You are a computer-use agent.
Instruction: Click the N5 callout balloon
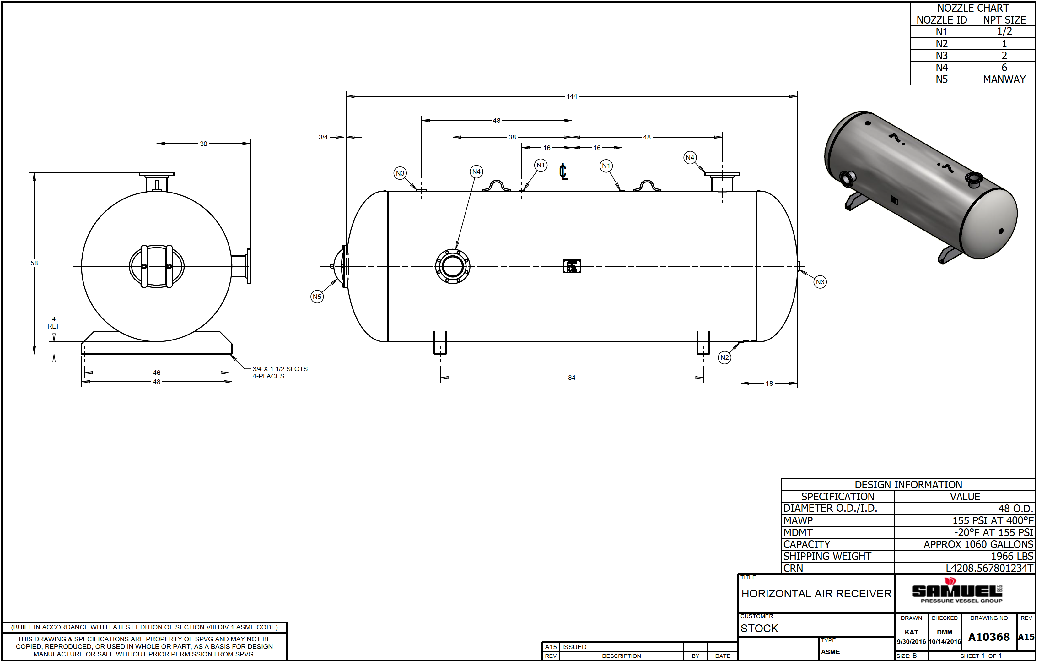pyautogui.click(x=317, y=297)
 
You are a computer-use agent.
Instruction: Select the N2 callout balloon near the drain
pyautogui.click(x=724, y=358)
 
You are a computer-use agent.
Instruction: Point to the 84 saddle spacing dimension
pyautogui.click(x=572, y=378)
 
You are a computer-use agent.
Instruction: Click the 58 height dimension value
pyautogui.click(x=34, y=263)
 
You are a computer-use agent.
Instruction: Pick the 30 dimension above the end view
pyautogui.click(x=204, y=144)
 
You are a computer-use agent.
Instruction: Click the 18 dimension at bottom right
pyautogui.click(x=769, y=384)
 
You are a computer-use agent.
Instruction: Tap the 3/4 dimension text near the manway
pyautogui.click(x=323, y=137)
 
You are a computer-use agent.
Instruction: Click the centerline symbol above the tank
pyautogui.click(x=563, y=172)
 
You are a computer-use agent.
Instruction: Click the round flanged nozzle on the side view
pyautogui.click(x=453, y=266)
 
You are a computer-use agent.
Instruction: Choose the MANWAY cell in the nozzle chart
pyautogui.click(x=1004, y=80)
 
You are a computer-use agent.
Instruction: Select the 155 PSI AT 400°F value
pyautogui.click(x=993, y=521)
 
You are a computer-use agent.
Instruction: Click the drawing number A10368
pyautogui.click(x=989, y=637)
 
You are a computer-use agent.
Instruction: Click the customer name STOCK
pyautogui.click(x=759, y=629)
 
